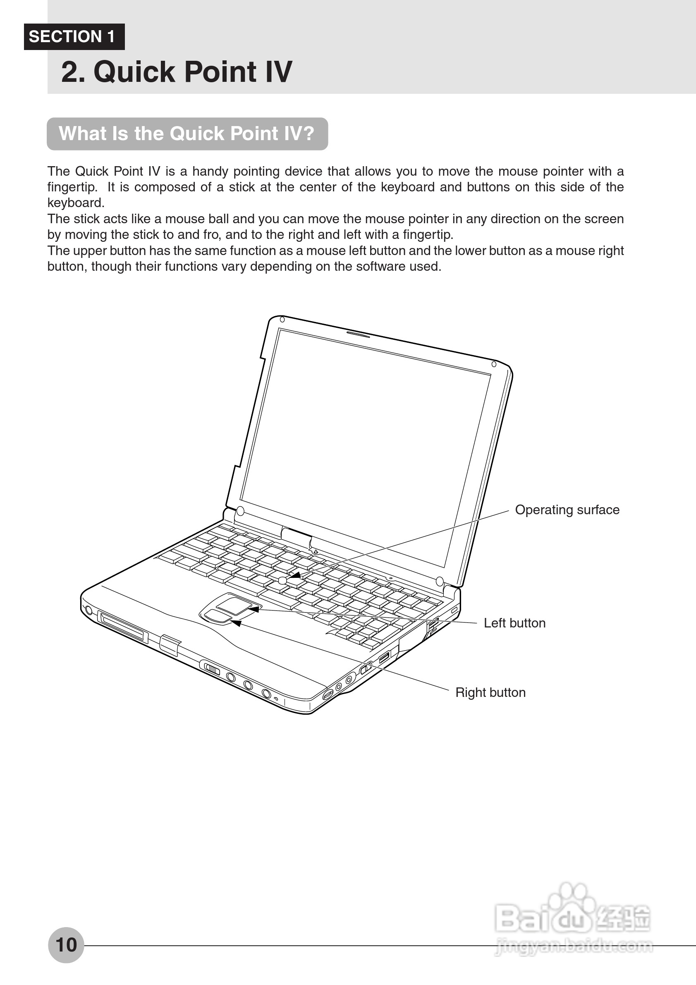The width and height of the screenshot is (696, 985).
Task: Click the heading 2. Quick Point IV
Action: pyautogui.click(x=176, y=72)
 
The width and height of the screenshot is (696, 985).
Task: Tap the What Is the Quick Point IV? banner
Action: pyautogui.click(x=187, y=134)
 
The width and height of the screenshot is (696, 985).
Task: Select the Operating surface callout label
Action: pyautogui.click(x=567, y=510)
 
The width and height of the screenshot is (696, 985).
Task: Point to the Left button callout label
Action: pyautogui.click(x=514, y=623)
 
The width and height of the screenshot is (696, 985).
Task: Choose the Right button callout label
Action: pyautogui.click(x=490, y=692)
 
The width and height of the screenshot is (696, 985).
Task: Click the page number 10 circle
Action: pyautogui.click(x=66, y=944)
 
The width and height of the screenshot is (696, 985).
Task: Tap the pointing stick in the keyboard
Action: pyautogui.click(x=282, y=581)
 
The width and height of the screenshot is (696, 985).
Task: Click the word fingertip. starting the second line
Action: pyautogui.click(x=72, y=188)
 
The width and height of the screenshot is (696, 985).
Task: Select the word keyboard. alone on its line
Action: pyautogui.click(x=76, y=203)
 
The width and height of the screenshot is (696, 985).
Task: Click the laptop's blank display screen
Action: pyautogui.click(x=365, y=446)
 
